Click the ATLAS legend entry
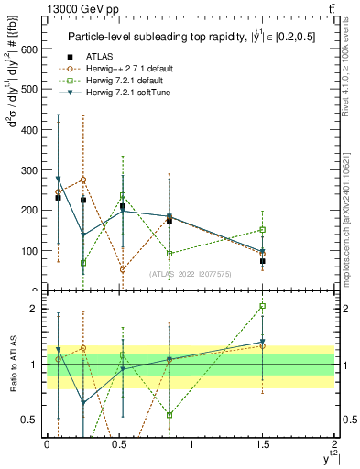[108, 57]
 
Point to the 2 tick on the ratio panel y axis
[34, 309]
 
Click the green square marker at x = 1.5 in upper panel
[262, 230]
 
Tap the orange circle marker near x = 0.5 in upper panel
[123, 269]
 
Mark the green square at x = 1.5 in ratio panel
[262, 306]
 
